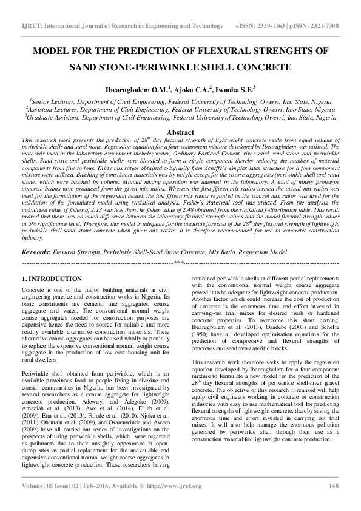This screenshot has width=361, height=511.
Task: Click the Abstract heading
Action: pos(180,131)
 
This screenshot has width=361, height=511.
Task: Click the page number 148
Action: pos(333,503)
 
